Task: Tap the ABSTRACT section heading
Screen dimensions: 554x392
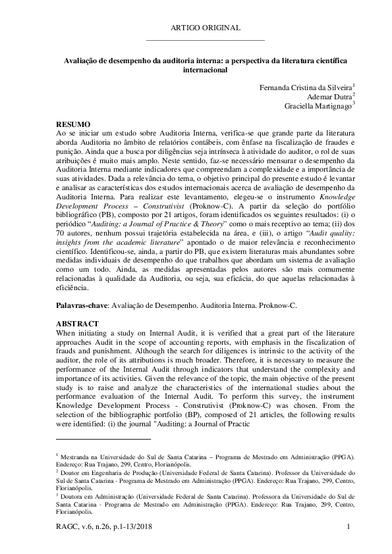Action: [77, 324]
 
